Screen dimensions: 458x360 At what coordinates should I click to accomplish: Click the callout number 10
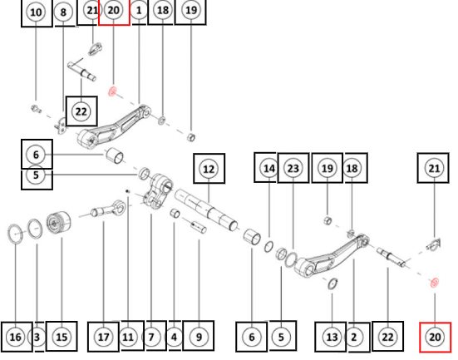(36, 12)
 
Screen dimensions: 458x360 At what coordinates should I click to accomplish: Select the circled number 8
(63, 12)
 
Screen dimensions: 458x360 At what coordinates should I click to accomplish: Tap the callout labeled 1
(139, 11)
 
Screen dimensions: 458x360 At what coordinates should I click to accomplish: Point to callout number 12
(209, 169)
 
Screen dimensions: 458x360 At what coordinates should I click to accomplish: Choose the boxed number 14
(269, 168)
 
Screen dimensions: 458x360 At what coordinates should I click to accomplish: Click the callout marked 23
(293, 168)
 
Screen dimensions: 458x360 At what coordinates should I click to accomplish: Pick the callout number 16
(16, 338)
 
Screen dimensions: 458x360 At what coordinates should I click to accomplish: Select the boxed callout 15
(62, 338)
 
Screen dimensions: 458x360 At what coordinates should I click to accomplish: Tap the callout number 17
(104, 338)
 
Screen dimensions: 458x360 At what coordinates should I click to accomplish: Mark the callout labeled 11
(128, 338)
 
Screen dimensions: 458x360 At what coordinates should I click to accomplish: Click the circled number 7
(151, 338)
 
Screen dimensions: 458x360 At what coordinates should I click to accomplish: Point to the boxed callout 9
(199, 338)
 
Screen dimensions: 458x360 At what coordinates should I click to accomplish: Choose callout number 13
(332, 338)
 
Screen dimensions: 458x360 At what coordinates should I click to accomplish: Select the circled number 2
(354, 338)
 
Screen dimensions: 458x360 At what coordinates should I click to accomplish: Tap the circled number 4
(174, 338)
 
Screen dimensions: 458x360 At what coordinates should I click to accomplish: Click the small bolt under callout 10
(36, 109)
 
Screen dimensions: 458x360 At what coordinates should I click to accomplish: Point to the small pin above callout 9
(199, 227)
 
